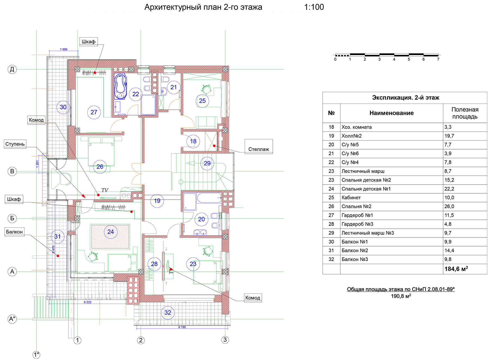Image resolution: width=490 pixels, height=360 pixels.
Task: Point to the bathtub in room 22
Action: (x=120, y=87)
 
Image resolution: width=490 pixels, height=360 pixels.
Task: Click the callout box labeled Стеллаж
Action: (x=259, y=147)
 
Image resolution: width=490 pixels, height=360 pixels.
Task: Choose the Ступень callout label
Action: (x=15, y=144)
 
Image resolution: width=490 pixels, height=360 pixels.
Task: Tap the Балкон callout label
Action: (x=14, y=232)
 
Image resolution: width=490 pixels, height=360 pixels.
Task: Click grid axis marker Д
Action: (x=12, y=69)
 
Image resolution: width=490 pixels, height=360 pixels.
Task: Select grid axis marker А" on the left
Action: (x=12, y=319)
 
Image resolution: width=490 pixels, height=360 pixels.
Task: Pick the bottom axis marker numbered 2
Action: (x=141, y=340)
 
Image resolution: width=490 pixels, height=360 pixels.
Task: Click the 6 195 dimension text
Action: (x=182, y=327)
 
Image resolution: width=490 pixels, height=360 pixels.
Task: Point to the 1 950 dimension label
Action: (x=64, y=49)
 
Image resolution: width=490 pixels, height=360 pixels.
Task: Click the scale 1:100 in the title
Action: (x=314, y=7)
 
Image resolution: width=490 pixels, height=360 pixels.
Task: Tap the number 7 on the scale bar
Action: (x=438, y=59)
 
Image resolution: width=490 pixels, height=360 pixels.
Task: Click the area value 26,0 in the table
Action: (x=449, y=206)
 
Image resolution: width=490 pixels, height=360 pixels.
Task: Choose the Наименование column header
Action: (x=391, y=113)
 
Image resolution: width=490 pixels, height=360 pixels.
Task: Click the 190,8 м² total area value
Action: (x=401, y=296)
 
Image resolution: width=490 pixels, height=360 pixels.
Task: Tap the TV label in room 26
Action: (x=105, y=190)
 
